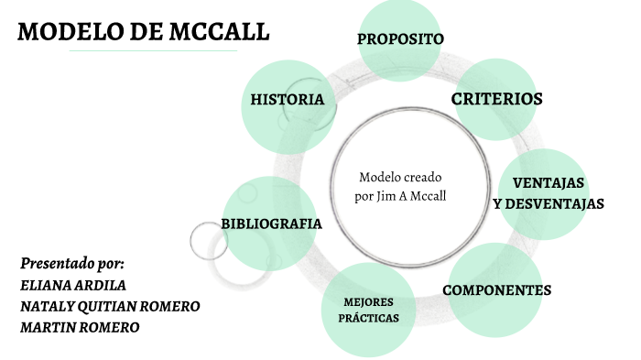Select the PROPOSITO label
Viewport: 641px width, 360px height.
pos(400,38)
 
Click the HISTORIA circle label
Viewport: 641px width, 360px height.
pos(287,99)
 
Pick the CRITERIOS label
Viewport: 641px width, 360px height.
pos(497,99)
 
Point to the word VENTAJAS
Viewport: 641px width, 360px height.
pos(549,181)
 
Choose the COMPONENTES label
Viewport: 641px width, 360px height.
pos(497,290)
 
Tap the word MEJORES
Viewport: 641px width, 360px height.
pos(368,301)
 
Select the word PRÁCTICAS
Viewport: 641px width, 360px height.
pos(368,319)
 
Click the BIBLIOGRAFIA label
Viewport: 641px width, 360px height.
pos(271,224)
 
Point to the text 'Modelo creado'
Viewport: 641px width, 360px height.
pos(399,177)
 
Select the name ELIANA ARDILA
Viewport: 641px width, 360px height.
pos(73,284)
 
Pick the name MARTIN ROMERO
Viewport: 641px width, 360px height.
pos(80,327)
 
